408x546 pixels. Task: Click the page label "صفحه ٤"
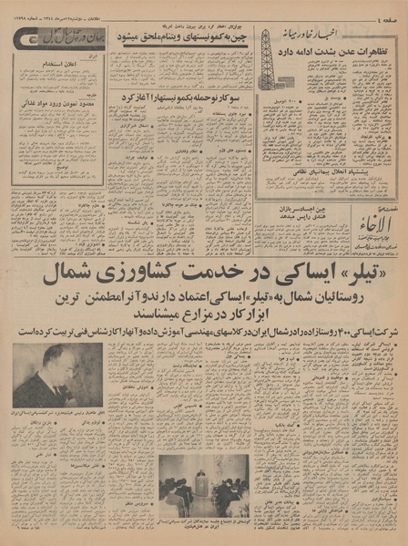384,12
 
